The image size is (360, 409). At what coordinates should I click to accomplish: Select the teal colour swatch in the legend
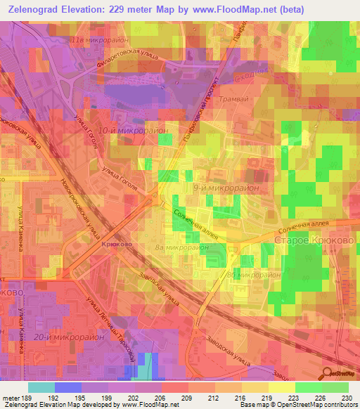[41, 387]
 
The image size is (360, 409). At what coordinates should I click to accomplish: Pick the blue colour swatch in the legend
[68, 387]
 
